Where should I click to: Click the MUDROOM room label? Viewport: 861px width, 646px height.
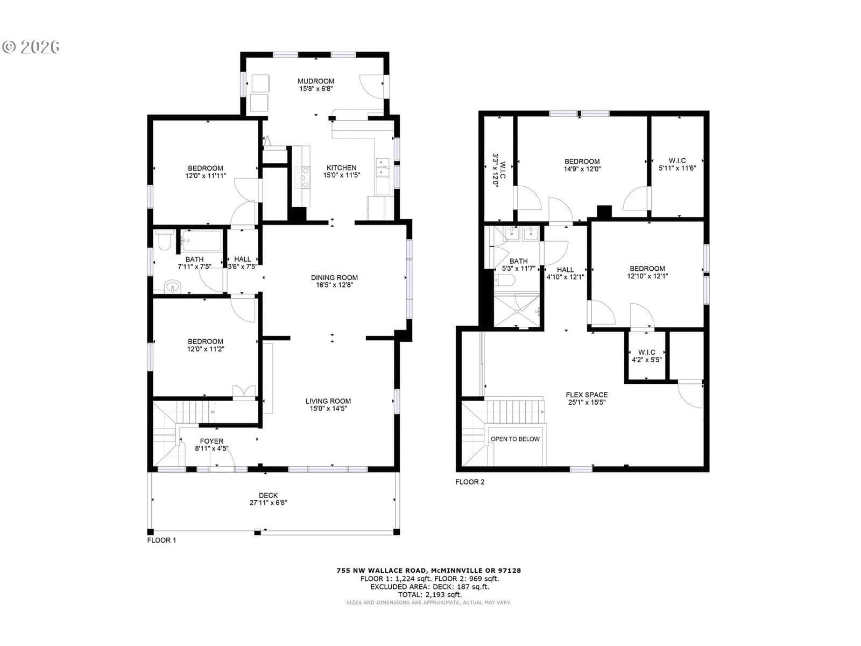pos(316,81)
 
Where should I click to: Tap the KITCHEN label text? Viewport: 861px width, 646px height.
pos(341,168)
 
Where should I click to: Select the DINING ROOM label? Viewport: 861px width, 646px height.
pos(334,278)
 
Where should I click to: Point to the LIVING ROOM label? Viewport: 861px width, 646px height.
pos(328,401)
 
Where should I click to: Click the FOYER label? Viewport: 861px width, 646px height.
pos(211,441)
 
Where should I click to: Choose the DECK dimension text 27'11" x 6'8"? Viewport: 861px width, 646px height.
pos(269,503)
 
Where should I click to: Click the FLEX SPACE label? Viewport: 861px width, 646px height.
pos(587,395)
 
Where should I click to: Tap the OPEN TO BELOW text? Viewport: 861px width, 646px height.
pos(515,439)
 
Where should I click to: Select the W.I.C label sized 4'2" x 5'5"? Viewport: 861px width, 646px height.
pos(646,352)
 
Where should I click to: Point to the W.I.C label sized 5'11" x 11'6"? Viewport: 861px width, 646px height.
pos(677,161)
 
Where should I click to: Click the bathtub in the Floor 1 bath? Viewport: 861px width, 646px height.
pos(202,241)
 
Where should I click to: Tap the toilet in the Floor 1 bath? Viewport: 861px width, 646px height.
pos(164,241)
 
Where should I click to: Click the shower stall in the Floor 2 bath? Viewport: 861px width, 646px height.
pos(517,311)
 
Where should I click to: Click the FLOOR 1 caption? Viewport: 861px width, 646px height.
pos(161,540)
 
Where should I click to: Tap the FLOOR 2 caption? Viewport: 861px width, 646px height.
pos(470,482)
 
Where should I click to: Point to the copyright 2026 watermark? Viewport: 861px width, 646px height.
pos(31,47)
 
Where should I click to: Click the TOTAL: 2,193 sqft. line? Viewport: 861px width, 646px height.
pos(430,595)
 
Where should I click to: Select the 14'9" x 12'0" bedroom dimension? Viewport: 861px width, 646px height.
pos(582,169)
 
